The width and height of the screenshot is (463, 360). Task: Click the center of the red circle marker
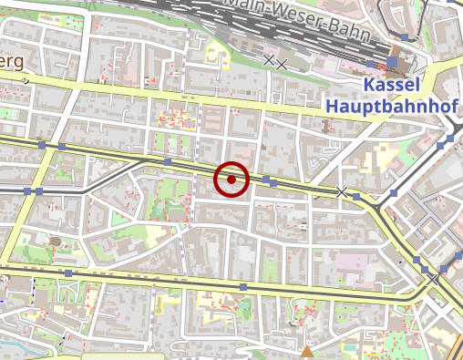coord(231,180)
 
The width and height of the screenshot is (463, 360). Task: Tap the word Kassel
coord(392,85)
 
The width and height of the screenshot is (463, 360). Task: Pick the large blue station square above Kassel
coord(393,62)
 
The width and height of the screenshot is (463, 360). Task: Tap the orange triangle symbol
coord(308,350)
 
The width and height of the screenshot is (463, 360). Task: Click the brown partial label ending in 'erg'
coord(13,61)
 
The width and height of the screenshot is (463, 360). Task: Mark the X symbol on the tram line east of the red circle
coord(342,191)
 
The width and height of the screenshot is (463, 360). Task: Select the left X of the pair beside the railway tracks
coord(268,61)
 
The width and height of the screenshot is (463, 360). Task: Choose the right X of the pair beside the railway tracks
coord(282,64)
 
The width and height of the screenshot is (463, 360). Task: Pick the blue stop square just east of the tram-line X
coord(357,196)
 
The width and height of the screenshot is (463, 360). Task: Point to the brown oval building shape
coord(55,242)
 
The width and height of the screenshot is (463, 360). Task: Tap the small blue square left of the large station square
coord(369,62)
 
